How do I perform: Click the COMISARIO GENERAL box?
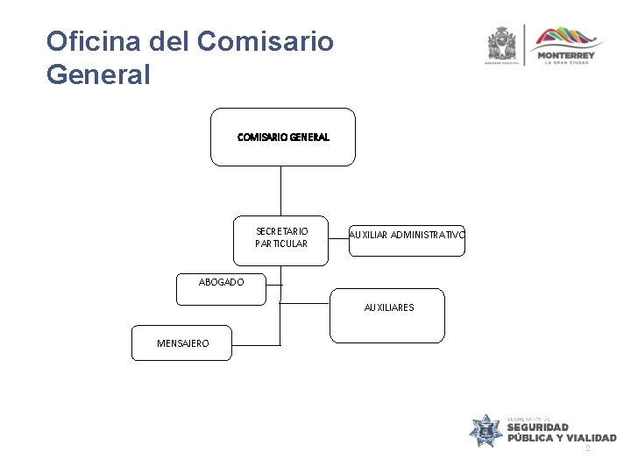click(283, 137)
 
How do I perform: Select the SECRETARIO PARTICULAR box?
click(281, 238)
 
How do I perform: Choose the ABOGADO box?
click(221, 290)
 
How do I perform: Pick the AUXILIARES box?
click(388, 314)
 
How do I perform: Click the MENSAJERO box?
click(182, 342)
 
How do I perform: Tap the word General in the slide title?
click(98, 75)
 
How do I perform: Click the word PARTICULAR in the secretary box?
click(281, 244)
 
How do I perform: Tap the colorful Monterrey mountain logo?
click(570, 39)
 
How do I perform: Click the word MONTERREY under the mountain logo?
click(570, 55)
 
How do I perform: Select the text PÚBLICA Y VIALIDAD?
click(562, 438)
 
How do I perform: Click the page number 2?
click(588, 448)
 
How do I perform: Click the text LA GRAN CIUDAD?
click(570, 63)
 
